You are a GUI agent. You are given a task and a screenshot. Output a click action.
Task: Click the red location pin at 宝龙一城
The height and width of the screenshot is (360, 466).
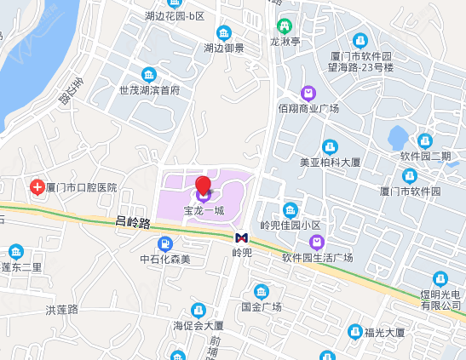coord(203,185)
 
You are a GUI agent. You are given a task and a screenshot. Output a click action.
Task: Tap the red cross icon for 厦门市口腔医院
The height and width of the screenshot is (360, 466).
coord(37,186)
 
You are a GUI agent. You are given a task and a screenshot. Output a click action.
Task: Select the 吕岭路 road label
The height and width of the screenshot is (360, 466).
coord(132,223)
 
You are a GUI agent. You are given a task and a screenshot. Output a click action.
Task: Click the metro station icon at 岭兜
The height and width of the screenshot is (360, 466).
coord(242,237)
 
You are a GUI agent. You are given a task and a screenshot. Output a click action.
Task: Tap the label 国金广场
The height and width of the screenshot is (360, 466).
coord(261,306)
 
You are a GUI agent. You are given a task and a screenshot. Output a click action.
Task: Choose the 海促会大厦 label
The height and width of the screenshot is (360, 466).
coord(198,325)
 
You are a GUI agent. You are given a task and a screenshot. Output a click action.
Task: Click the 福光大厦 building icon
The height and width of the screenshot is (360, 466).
coord(355,331)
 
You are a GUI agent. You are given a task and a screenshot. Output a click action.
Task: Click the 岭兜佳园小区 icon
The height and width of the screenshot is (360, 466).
coord(291,210)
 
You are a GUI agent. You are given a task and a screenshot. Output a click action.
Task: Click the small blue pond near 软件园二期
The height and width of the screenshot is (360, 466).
coord(398,136)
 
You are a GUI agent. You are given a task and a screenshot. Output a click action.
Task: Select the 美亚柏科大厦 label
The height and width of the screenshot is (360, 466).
coord(331,162)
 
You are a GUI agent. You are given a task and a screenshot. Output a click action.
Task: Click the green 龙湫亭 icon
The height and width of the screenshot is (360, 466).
coord(283,26)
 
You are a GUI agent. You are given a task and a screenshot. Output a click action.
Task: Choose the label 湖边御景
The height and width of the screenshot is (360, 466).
coord(224,49)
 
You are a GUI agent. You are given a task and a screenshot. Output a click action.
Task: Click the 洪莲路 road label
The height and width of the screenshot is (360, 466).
coord(61,309)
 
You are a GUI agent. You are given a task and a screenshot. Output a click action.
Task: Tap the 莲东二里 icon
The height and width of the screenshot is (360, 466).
coord(16,251)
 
